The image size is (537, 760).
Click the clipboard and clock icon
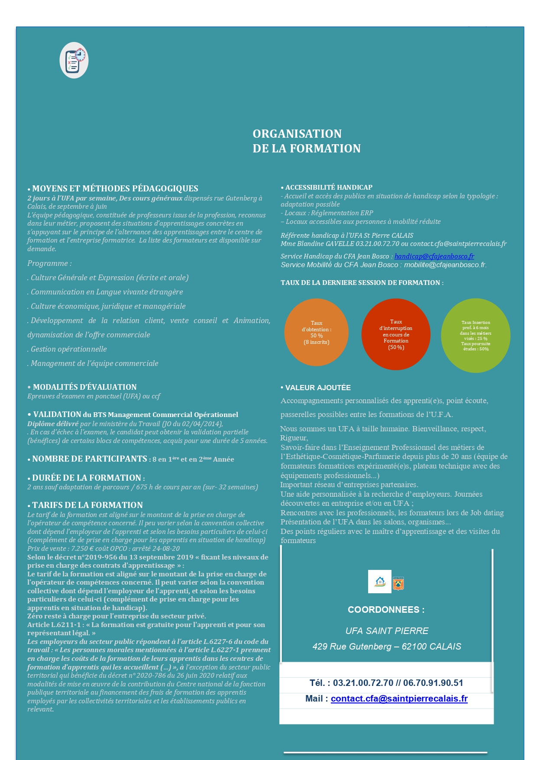(74, 60)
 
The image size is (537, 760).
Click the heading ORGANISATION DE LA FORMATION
(306, 141)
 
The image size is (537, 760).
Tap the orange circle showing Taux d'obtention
(316, 332)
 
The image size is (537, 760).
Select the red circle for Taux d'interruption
(396, 334)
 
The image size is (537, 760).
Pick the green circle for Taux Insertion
(476, 336)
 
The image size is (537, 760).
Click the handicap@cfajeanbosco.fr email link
(434, 256)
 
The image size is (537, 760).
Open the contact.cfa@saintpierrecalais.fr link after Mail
(399, 699)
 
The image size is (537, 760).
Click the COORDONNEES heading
(386, 610)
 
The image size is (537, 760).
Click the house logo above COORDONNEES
(379, 582)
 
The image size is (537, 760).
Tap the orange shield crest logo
(398, 584)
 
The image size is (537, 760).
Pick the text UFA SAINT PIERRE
(387, 631)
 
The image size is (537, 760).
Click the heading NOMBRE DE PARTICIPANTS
(89, 459)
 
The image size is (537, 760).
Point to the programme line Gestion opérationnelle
(68, 349)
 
